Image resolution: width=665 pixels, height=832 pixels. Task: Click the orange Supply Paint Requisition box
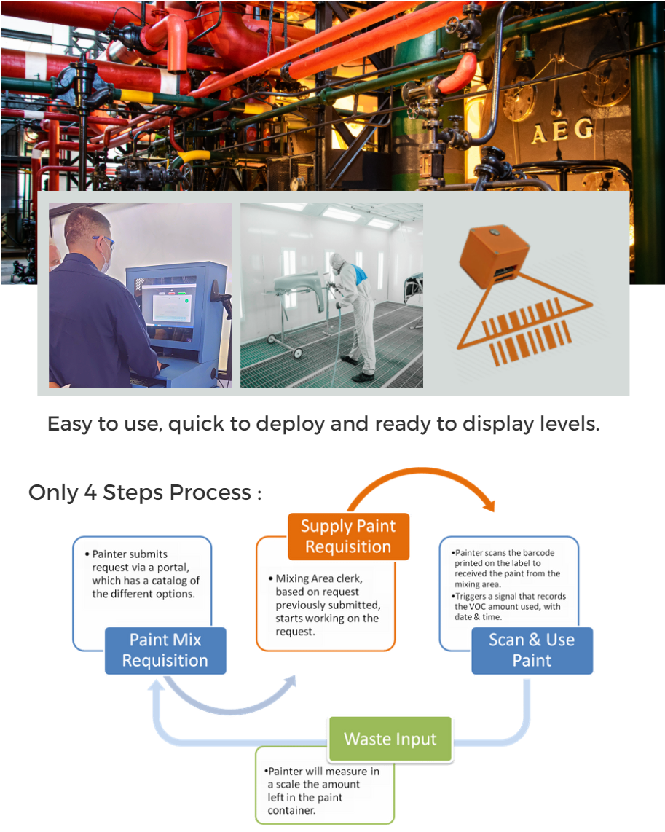point(348,536)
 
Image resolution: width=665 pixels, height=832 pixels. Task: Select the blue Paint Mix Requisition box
point(165,651)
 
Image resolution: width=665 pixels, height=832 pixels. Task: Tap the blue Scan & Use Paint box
point(532,651)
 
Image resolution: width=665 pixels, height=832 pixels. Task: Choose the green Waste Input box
point(390,739)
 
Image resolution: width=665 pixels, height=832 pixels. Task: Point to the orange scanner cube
point(494,256)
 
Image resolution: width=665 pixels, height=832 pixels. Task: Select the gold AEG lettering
point(562,131)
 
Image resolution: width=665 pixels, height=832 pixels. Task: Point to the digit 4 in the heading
point(90,492)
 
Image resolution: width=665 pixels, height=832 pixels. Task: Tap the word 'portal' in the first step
point(171,568)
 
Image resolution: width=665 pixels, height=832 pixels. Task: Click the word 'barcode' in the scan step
point(538,553)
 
